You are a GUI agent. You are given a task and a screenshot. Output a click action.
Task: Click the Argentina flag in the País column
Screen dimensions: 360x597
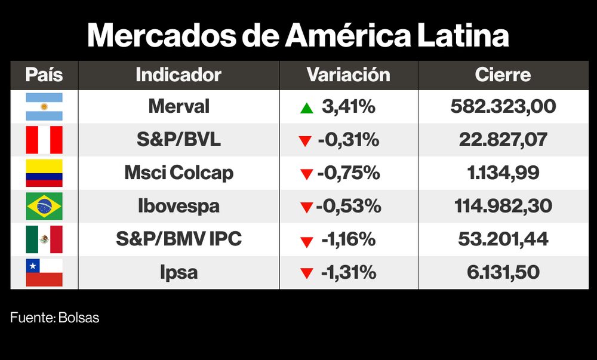(x=44, y=107)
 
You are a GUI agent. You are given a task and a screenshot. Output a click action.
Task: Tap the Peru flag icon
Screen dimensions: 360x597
(x=44, y=140)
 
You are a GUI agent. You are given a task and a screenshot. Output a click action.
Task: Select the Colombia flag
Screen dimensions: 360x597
(x=44, y=173)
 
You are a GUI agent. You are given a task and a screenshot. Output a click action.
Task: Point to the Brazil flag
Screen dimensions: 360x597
(x=44, y=207)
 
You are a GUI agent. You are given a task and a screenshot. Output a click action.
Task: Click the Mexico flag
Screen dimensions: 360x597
(x=44, y=239)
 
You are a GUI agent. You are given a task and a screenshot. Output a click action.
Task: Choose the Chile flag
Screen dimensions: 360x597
(x=44, y=273)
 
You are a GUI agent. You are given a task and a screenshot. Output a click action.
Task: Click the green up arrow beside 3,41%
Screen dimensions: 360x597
(x=306, y=108)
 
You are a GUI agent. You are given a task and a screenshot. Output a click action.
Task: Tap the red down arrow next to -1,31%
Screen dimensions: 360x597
(x=307, y=274)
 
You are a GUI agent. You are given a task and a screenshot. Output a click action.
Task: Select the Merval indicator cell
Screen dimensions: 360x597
(x=179, y=107)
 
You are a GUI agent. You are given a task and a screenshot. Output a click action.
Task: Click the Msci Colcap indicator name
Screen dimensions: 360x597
(x=179, y=173)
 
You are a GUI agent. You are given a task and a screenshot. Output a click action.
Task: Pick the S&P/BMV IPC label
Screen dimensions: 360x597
(x=179, y=239)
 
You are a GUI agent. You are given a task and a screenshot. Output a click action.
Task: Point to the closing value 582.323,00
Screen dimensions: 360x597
(x=503, y=107)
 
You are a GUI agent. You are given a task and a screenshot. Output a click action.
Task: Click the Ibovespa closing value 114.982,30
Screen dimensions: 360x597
(x=503, y=207)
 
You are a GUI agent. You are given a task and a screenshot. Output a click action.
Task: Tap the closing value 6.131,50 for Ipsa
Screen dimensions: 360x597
(x=503, y=273)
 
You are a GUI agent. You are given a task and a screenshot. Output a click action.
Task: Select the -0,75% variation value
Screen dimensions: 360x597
(x=349, y=173)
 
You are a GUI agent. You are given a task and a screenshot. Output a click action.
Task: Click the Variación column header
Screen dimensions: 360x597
(x=348, y=75)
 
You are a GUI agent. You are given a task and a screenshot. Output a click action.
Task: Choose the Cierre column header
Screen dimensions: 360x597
(x=503, y=75)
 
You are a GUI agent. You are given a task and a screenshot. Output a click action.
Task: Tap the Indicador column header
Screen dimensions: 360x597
(x=179, y=75)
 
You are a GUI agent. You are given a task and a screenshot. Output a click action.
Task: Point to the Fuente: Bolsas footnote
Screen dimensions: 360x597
(x=55, y=318)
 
